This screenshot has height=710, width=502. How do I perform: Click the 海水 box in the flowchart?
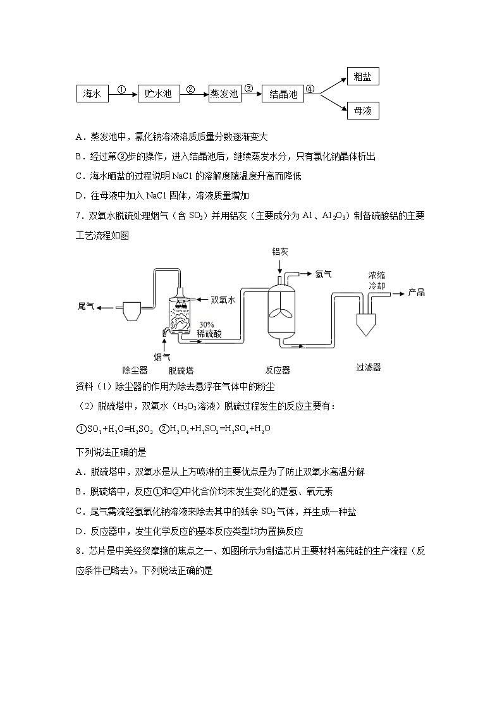click(92, 94)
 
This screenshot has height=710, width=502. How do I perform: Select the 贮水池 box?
click(158, 94)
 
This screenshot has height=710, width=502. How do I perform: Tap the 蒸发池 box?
click(224, 94)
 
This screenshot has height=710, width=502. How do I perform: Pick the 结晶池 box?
click(283, 94)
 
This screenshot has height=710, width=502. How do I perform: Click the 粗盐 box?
click(363, 77)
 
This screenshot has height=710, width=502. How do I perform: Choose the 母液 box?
click(363, 111)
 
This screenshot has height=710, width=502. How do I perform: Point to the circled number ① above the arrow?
click(123, 89)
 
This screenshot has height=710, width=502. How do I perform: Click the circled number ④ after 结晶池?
click(310, 89)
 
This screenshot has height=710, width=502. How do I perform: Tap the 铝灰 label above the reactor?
click(280, 252)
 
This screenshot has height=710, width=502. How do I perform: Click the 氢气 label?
click(323, 274)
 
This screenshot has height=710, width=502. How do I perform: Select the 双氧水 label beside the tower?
click(223, 300)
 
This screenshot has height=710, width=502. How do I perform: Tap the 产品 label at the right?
click(416, 292)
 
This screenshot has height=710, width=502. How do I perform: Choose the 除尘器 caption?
click(135, 370)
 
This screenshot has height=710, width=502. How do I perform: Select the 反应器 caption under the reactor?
click(278, 370)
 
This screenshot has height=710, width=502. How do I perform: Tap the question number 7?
click(78, 216)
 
